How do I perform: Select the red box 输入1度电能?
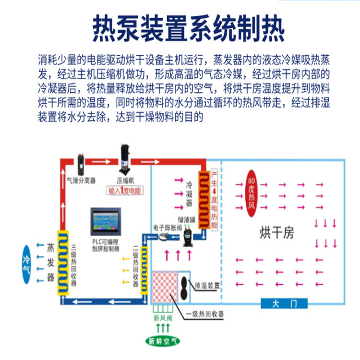pos(124,191)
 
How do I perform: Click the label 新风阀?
pos(162,317)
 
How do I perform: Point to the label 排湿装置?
pos(207,286)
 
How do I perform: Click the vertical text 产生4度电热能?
pos(215,200)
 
